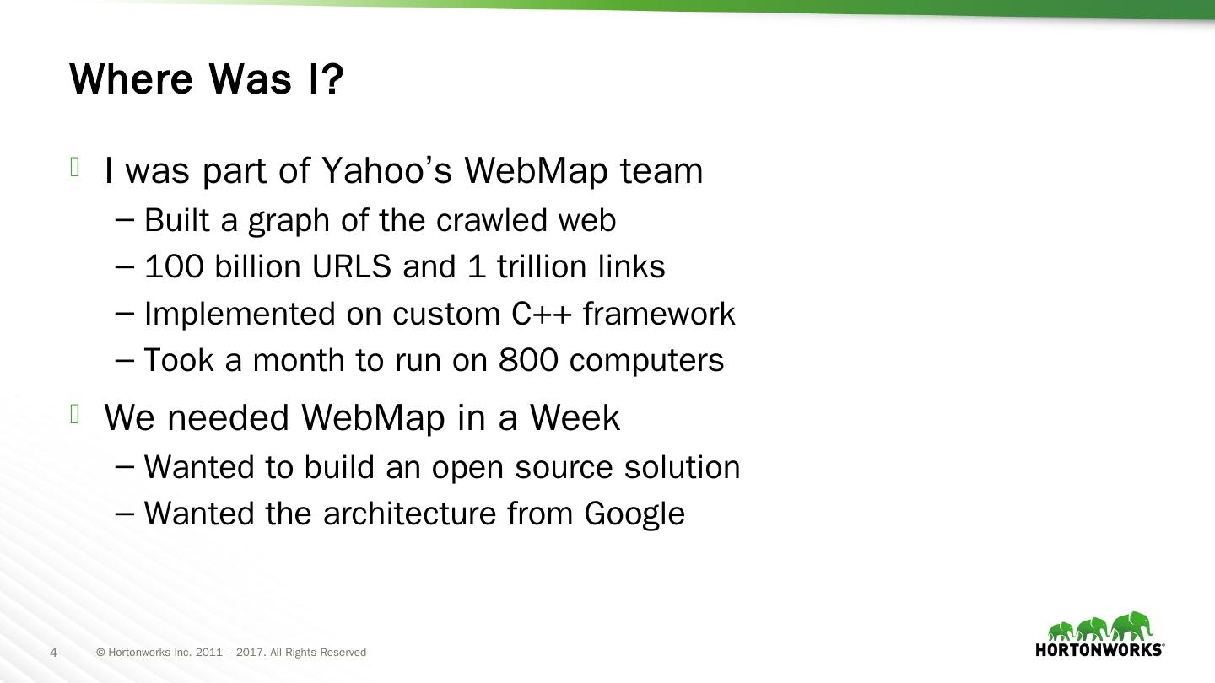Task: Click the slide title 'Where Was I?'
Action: point(207,78)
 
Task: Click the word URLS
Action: point(352,267)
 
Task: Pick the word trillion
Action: point(540,267)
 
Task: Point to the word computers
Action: point(646,361)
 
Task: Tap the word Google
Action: point(634,514)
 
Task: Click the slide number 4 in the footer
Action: point(54,653)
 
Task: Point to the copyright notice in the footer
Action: point(231,653)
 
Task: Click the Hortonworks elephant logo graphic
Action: point(1100,626)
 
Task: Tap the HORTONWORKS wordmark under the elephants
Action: point(1099,650)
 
